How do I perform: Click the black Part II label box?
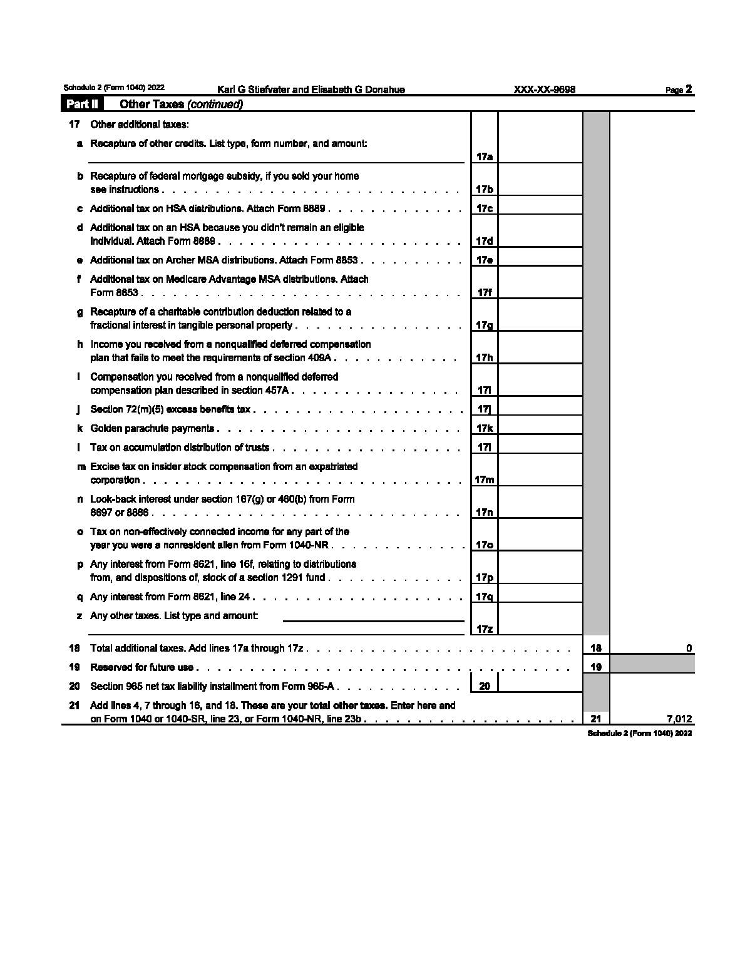(x=82, y=104)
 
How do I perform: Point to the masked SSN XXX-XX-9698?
(x=544, y=90)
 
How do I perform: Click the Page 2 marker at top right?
(x=679, y=90)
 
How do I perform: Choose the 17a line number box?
(x=484, y=156)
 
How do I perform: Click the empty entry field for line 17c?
(x=540, y=208)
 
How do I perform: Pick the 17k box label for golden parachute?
(x=484, y=429)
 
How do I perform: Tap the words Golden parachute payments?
(x=152, y=429)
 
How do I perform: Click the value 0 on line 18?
(x=689, y=649)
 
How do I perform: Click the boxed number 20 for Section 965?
(x=484, y=686)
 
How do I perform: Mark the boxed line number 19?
(x=595, y=667)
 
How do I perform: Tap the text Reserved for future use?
(x=142, y=667)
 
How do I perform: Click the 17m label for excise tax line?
(x=484, y=480)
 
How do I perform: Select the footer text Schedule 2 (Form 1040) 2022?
(x=639, y=733)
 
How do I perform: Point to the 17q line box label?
(x=484, y=597)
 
